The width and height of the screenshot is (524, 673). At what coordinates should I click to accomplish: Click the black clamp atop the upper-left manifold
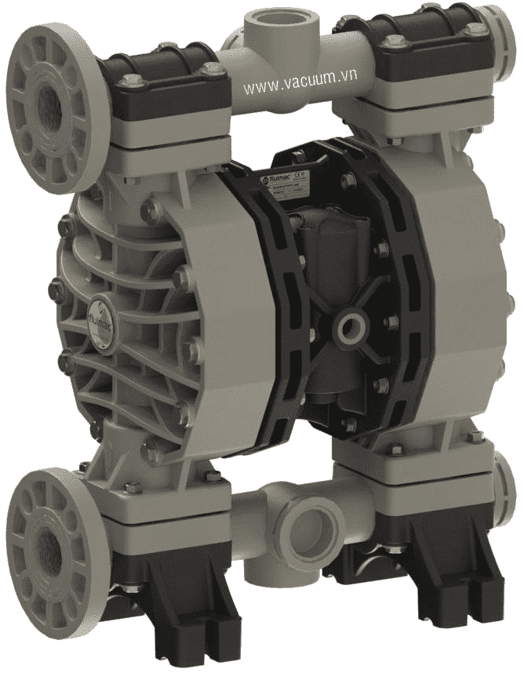point(162,75)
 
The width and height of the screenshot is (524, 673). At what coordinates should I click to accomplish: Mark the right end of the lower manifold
point(506,486)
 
